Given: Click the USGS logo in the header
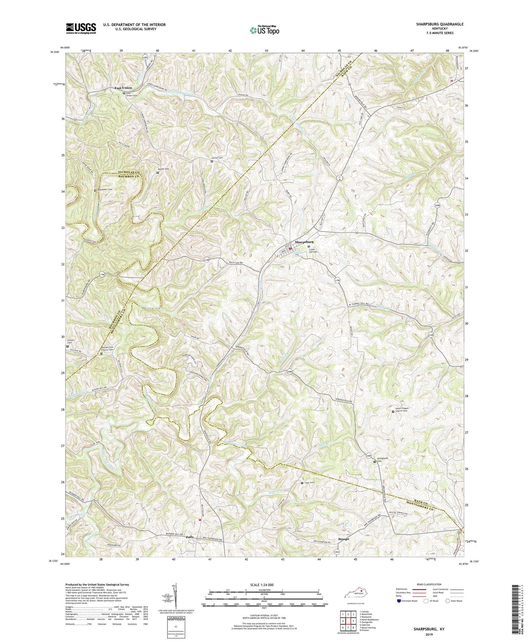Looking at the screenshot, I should tap(81, 28).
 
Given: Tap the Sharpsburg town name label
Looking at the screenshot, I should tap(304, 242).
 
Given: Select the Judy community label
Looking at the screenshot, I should tap(190, 537).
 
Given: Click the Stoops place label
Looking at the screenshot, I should tap(343, 539).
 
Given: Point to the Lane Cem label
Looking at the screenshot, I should tap(310, 483).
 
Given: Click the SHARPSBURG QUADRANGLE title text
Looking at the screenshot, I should tap(436, 24).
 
